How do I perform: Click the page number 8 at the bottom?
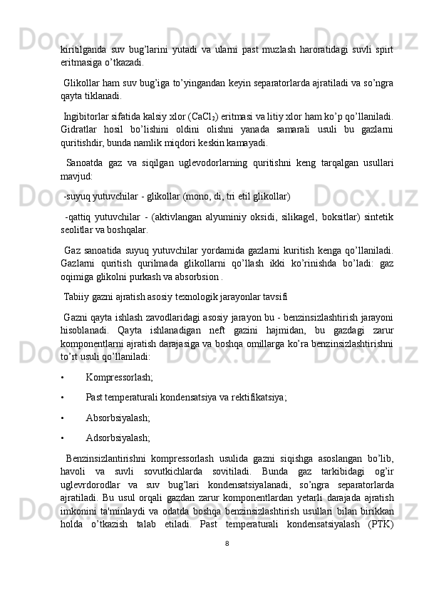pos(227,563)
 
